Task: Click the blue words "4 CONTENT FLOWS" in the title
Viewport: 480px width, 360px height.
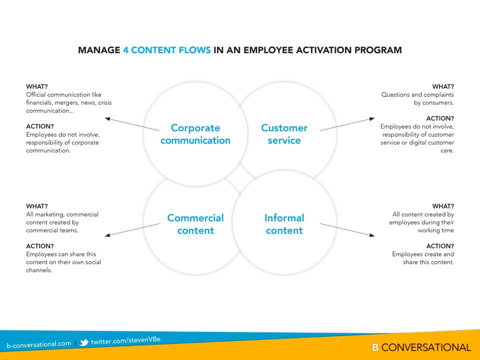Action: click(167, 50)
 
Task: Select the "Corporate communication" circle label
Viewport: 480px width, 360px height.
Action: click(195, 134)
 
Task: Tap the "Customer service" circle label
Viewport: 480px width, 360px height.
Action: click(284, 134)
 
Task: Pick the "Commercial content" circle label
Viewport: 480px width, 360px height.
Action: click(195, 224)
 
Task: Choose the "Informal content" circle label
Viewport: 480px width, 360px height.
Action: click(284, 224)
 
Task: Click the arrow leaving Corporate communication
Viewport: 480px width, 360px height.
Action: click(132, 124)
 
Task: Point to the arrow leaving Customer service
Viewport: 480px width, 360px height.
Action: click(347, 124)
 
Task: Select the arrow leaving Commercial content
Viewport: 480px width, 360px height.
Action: click(132, 230)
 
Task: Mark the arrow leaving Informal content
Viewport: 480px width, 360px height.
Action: click(347, 230)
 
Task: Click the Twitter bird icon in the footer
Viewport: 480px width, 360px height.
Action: click(84, 342)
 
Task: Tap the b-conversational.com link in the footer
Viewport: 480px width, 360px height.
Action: click(39, 344)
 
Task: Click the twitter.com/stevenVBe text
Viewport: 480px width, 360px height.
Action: click(126, 340)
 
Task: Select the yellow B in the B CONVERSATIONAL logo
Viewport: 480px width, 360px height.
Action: click(375, 347)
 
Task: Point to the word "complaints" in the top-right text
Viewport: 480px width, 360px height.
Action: click(438, 94)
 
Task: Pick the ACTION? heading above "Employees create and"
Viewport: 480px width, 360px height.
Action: click(440, 246)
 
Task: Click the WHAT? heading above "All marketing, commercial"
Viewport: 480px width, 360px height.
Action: click(37, 206)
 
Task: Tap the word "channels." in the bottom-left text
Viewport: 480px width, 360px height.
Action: click(39, 270)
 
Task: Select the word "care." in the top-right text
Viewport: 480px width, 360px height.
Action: click(447, 150)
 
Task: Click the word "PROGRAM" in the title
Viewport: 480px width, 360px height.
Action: click(378, 50)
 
